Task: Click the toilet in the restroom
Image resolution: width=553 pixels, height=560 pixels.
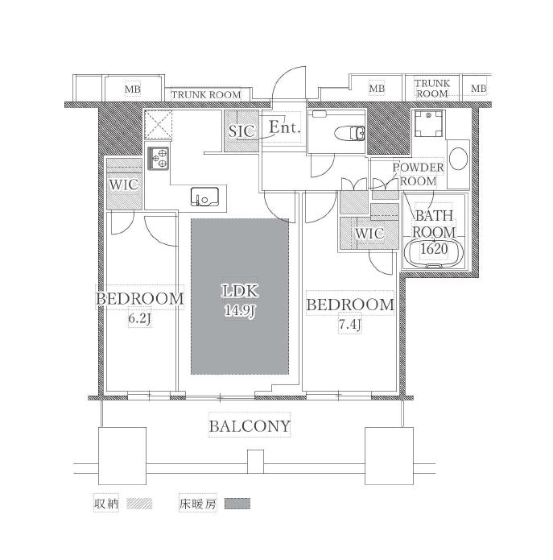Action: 350,134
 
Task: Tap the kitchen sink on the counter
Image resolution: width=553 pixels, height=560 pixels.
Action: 204,197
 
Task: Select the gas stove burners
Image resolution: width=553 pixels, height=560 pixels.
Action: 159,159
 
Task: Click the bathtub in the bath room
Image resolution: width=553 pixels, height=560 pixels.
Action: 434,253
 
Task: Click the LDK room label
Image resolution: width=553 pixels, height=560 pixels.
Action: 240,291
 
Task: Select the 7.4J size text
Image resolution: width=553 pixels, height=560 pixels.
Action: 349,325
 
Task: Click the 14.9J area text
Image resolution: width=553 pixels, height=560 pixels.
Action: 240,311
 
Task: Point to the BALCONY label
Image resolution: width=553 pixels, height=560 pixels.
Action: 250,426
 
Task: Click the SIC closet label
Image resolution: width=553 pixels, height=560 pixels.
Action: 241,131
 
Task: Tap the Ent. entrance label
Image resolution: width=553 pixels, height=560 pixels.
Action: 284,127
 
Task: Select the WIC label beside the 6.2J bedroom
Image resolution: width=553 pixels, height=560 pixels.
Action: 124,185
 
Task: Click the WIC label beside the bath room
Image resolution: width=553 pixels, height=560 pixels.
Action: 370,234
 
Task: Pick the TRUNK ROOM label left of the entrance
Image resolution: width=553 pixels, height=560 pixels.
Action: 206,95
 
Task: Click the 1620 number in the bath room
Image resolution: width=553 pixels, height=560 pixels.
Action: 434,248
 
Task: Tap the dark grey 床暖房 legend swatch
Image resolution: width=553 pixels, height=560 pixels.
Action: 237,504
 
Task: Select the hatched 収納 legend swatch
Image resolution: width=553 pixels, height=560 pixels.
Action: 139,504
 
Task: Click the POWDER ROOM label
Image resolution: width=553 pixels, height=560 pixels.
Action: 418,174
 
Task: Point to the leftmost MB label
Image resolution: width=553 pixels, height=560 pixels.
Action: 132,89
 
